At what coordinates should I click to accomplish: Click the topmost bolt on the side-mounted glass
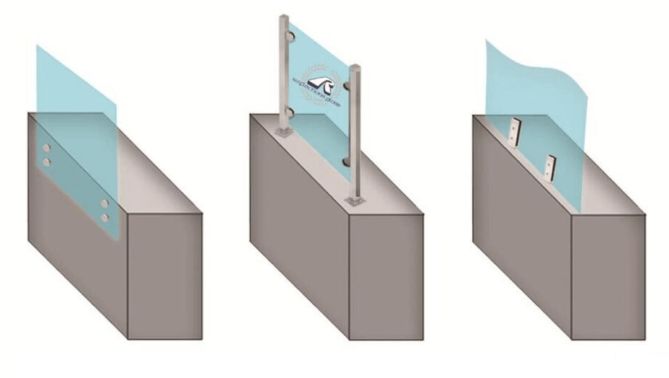pyautogui.click(x=48, y=148)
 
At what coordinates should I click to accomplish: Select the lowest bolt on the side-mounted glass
pyautogui.click(x=106, y=216)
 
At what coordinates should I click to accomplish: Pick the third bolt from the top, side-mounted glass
pyautogui.click(x=106, y=203)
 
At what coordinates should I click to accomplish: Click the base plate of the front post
pyautogui.click(x=355, y=200)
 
